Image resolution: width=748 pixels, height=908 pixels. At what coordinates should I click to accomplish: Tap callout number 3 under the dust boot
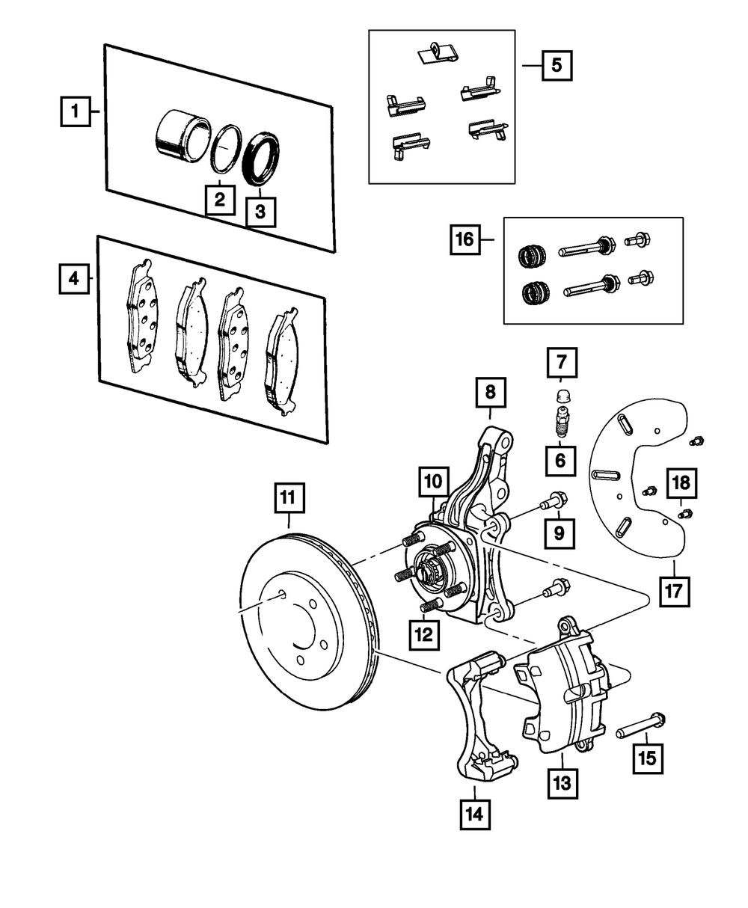coord(260,212)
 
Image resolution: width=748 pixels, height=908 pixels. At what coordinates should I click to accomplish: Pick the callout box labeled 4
coord(73,279)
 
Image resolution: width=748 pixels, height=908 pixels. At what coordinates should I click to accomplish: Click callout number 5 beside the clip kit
coord(556,65)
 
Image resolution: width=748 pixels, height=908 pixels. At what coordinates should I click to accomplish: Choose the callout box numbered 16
coord(465,239)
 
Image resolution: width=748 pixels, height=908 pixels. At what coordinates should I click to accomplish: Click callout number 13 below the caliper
coord(562,783)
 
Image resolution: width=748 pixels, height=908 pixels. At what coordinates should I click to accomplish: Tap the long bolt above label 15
coord(642,726)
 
